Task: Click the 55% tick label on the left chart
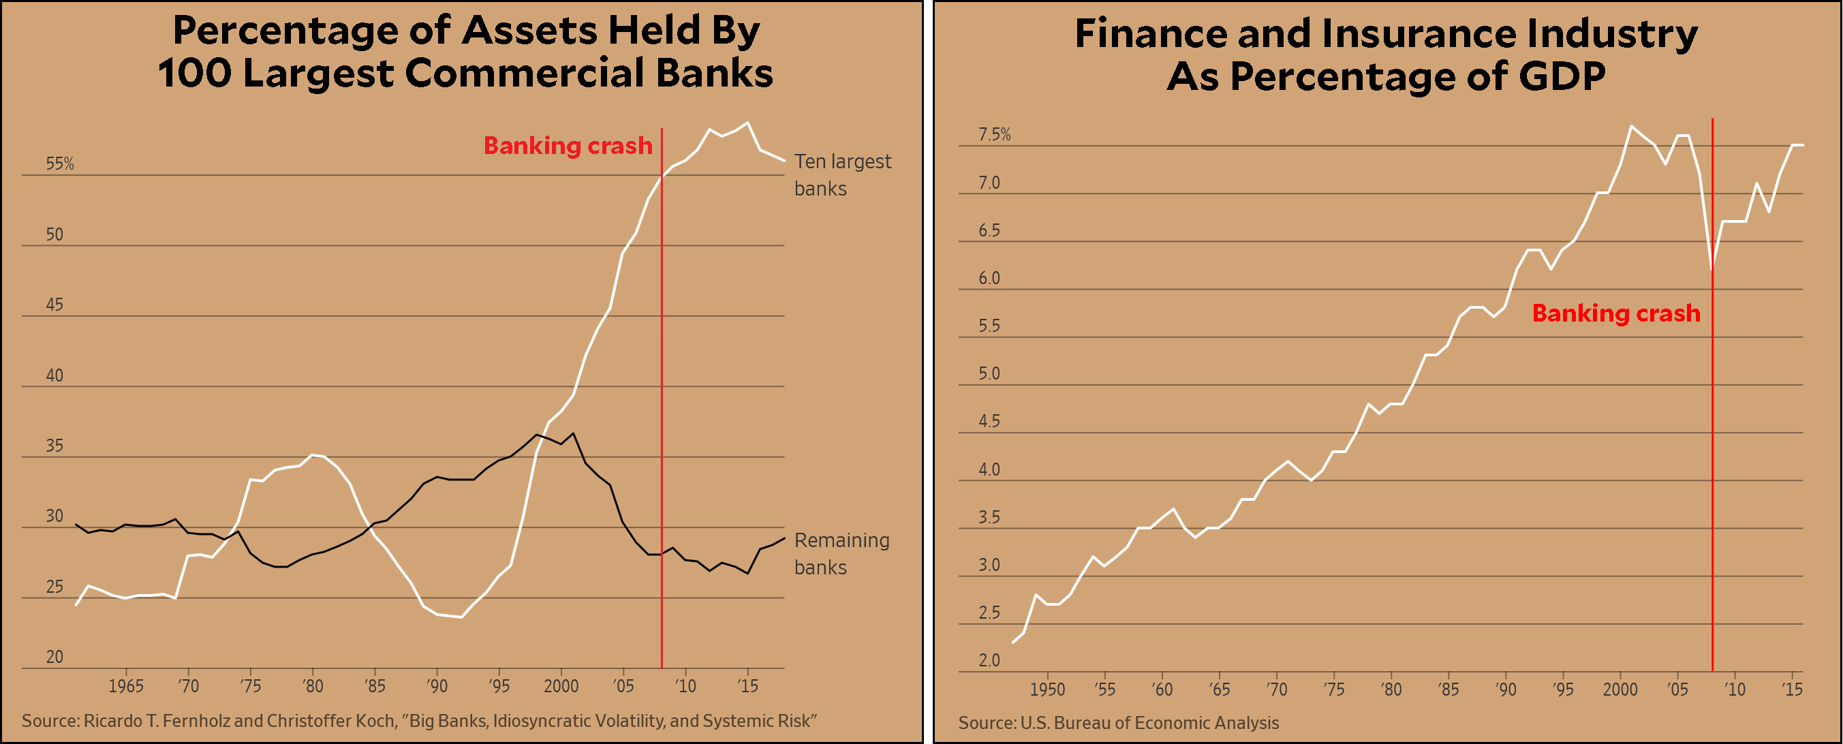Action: [60, 164]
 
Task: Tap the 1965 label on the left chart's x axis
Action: [126, 687]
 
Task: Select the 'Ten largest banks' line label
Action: [842, 175]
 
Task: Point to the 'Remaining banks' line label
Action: [841, 554]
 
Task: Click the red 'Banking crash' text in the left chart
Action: [568, 146]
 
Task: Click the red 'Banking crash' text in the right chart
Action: [1615, 313]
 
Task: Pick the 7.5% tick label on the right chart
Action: [995, 134]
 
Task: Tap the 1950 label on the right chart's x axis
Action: [1047, 689]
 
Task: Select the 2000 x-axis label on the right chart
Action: [1620, 689]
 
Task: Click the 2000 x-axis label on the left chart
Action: [561, 687]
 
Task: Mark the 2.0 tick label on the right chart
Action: [989, 660]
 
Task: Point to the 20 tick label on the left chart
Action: [55, 657]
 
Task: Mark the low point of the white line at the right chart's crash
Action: [1712, 268]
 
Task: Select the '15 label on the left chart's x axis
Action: [747, 687]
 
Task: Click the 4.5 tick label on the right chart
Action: [989, 421]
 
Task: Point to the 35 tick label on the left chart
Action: [55, 446]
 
